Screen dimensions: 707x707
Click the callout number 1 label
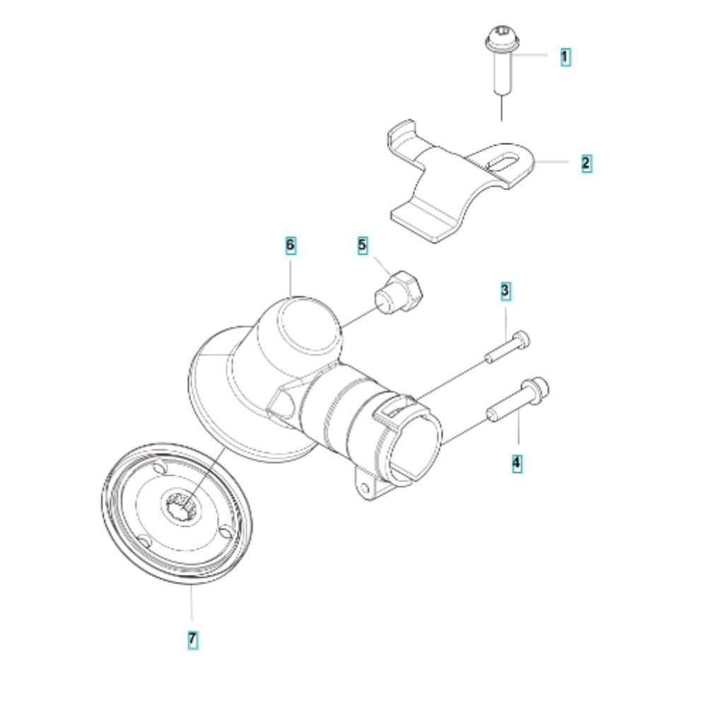[x=565, y=57]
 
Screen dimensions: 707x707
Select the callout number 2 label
[x=585, y=163]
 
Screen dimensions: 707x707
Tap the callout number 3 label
[x=505, y=291]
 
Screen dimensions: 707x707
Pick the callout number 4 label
[x=517, y=463]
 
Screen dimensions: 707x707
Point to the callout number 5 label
[x=363, y=246]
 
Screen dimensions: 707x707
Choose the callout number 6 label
[x=291, y=245]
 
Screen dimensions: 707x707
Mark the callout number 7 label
[x=192, y=639]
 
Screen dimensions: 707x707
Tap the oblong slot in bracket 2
[x=502, y=163]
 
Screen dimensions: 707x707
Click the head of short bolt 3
[x=521, y=339]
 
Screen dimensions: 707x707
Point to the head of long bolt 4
[x=535, y=389]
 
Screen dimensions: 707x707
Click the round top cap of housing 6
[x=309, y=324]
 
